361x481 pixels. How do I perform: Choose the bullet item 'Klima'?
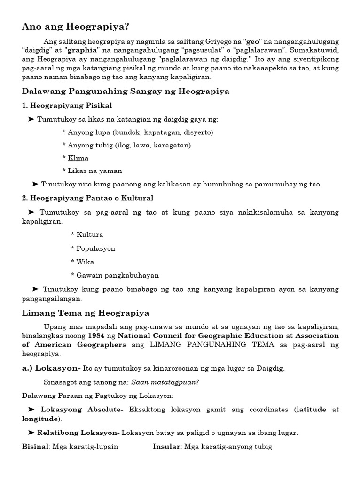click(78, 158)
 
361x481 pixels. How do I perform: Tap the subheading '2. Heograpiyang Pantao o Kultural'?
click(87, 198)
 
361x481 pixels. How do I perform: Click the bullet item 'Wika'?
click(85, 262)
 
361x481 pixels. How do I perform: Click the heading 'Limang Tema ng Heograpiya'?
click(86, 313)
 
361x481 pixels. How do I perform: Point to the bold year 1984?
click(97, 336)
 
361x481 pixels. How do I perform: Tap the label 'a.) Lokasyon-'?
click(51, 368)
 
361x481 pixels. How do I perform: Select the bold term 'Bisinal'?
click(35, 446)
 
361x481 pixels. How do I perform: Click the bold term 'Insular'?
click(167, 446)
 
